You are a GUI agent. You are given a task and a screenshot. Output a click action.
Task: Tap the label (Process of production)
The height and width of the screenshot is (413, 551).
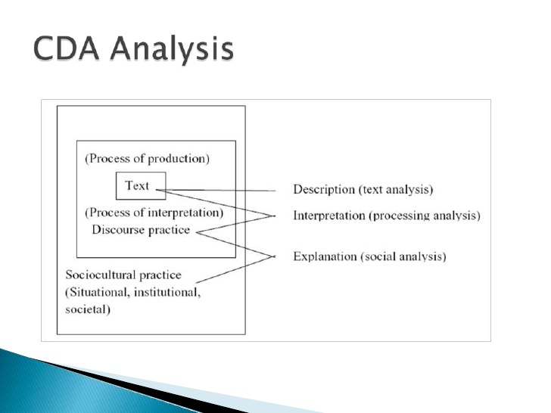(147, 159)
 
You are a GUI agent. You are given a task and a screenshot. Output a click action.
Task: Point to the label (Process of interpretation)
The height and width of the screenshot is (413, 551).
(154, 213)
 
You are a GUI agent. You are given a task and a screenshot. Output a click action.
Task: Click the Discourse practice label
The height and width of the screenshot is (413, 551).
(141, 229)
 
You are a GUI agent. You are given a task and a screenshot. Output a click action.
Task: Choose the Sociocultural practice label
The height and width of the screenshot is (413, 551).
(123, 275)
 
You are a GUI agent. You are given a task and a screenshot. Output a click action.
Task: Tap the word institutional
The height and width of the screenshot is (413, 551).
(170, 292)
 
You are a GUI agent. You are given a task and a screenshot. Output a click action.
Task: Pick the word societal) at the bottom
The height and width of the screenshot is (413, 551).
(88, 309)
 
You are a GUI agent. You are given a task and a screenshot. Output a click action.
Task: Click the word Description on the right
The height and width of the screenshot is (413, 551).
(324, 190)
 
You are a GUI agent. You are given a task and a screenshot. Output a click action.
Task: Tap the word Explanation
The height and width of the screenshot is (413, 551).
(326, 256)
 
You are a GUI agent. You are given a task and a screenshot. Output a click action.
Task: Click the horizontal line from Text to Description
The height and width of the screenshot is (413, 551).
(227, 190)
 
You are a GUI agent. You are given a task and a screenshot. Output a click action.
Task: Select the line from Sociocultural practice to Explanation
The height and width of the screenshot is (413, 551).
(227, 270)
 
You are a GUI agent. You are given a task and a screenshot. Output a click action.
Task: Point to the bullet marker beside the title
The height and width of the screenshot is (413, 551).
(18, 51)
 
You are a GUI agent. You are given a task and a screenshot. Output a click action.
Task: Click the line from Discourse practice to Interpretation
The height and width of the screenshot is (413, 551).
(235, 224)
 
